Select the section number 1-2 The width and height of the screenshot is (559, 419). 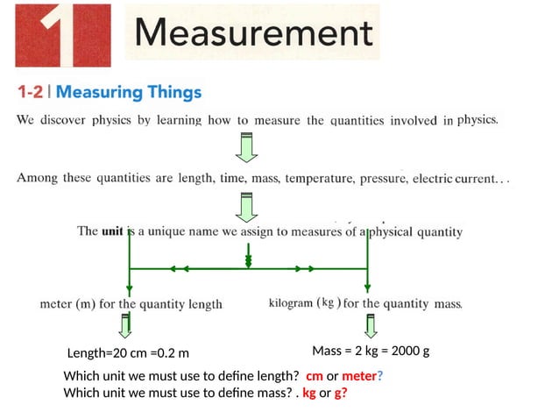pyautogui.click(x=33, y=91)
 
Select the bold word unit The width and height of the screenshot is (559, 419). pyautogui.click(x=111, y=232)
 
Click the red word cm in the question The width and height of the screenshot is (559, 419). pyautogui.click(x=314, y=376)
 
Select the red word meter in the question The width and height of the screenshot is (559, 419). pyautogui.click(x=358, y=376)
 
